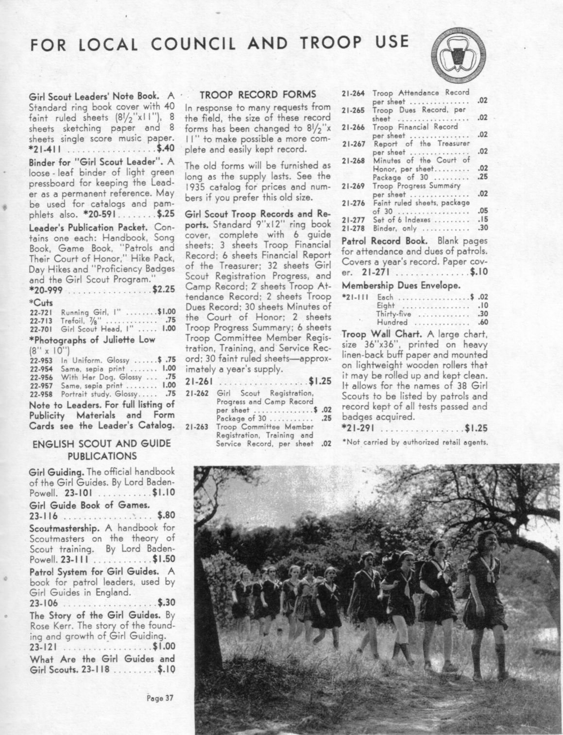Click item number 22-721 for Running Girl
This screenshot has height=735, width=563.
tap(38, 312)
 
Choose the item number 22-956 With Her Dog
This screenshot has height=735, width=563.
tap(38, 376)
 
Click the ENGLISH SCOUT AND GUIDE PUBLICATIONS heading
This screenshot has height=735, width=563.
tap(101, 449)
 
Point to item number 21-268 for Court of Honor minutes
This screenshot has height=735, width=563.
tap(353, 161)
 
